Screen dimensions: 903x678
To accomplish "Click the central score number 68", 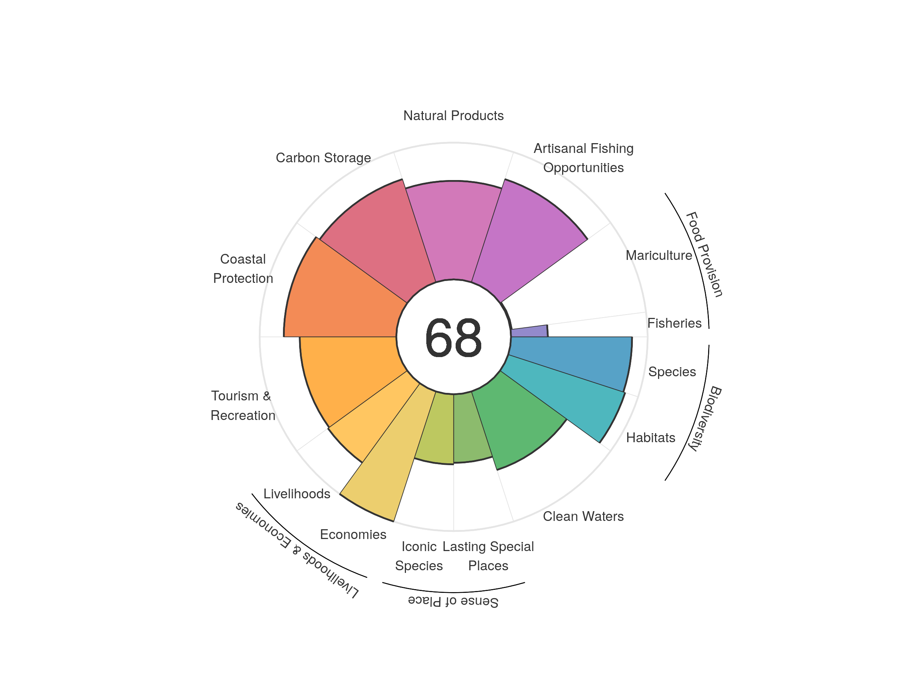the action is tap(453, 337).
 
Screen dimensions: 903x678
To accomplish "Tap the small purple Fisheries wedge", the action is tap(529, 331).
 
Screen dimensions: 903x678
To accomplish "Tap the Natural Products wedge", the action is tap(453, 229).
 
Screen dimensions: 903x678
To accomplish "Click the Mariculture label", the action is tap(658, 255).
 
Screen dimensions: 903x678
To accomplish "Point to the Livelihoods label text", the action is tap(297, 494).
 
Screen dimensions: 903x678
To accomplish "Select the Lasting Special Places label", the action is tap(488, 556).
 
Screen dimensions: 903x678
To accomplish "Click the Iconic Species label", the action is tap(419, 556).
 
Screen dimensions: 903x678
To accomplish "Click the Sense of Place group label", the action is tap(453, 601).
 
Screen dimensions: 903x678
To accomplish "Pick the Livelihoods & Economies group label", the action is tap(297, 550).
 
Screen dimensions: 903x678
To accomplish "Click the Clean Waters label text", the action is tap(583, 516).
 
